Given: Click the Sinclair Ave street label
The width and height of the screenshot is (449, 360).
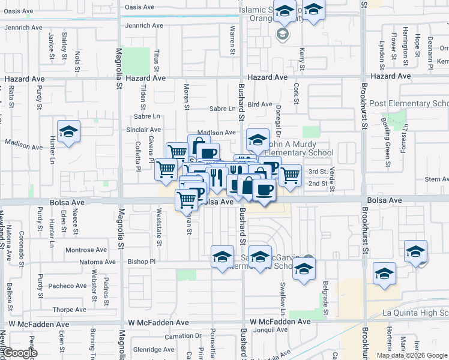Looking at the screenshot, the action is tap(143, 130).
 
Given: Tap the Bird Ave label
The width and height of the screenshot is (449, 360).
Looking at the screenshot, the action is tap(259, 104).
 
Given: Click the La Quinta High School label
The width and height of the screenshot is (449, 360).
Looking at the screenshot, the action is tap(415, 313).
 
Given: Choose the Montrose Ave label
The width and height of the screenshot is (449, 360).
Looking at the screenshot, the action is tap(85, 250).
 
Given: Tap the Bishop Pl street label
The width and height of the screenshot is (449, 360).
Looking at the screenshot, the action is tap(142, 262).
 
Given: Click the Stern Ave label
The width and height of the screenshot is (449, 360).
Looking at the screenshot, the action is tap(436, 179).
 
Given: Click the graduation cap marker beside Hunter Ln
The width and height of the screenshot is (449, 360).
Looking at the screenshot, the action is tap(69, 133).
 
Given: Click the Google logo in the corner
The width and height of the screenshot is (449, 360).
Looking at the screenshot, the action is tap(20, 353).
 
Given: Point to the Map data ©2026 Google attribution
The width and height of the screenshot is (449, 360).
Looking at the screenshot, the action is tap(411, 355).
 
